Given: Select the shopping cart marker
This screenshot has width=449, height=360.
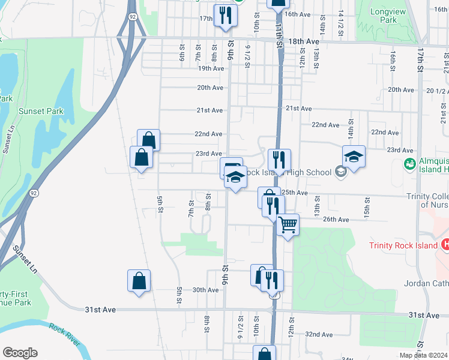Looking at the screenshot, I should [288, 225].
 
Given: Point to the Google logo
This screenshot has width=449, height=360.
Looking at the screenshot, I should [20, 353].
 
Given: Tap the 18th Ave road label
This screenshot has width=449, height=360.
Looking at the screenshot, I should [304, 41].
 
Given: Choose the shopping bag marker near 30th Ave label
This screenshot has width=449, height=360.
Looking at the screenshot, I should [139, 281].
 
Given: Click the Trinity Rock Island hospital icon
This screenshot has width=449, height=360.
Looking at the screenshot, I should [445, 244].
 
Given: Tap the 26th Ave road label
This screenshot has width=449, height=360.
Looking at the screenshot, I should [336, 220].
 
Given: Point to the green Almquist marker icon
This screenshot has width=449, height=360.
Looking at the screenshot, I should [410, 163].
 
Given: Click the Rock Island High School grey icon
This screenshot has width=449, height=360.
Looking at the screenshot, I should [341, 172].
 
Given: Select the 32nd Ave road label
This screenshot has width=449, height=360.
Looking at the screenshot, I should [319, 334].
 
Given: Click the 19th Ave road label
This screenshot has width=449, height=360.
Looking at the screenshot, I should [211, 68].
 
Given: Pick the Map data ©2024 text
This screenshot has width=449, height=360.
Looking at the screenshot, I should [423, 355].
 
